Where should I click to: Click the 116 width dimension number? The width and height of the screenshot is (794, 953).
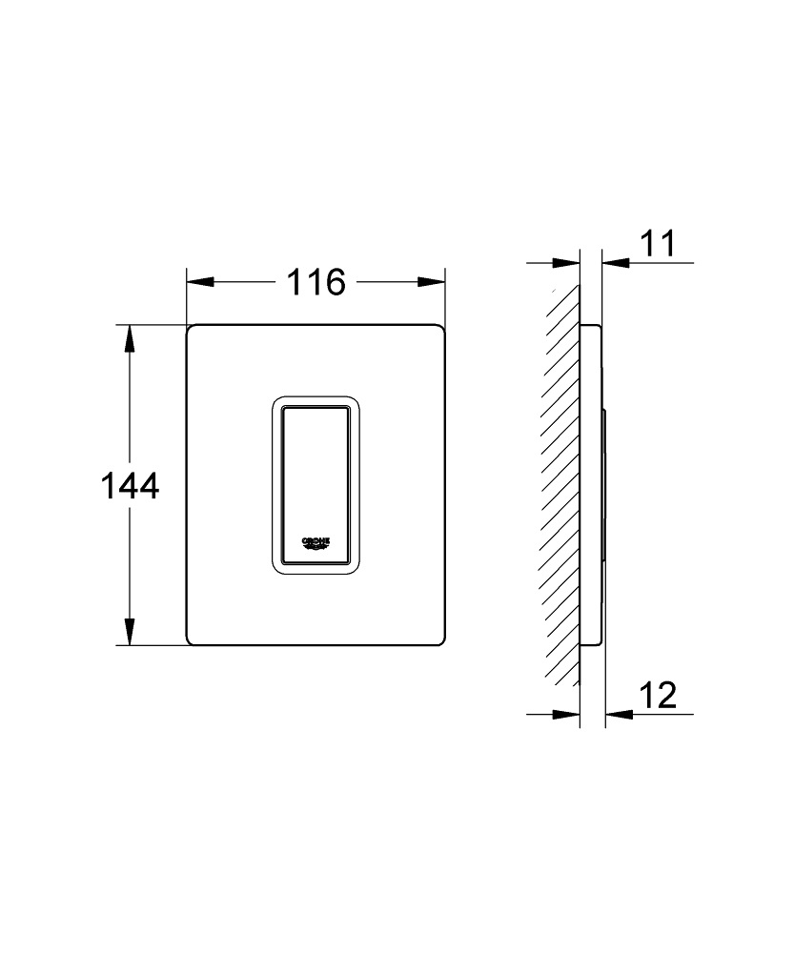click(316, 282)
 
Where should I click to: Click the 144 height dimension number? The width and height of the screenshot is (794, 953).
click(129, 486)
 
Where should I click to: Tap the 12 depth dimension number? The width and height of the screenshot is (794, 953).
click(658, 696)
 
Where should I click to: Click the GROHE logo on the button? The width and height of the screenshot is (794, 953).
click(316, 542)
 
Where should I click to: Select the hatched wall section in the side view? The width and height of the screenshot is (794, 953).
click(561, 486)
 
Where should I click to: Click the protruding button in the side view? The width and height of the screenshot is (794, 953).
click(603, 486)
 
